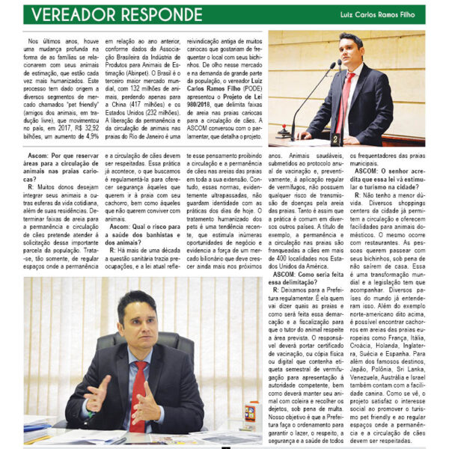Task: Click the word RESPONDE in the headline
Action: pos(157,14)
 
